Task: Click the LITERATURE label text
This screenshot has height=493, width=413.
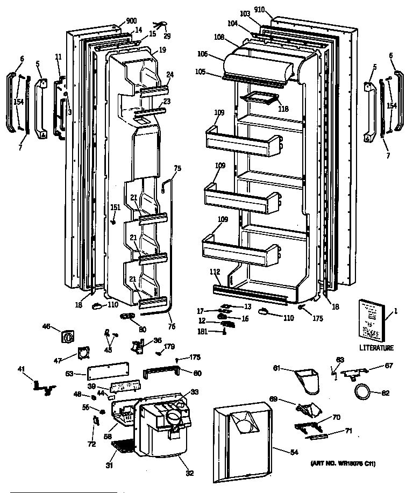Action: pyautogui.click(x=376, y=348)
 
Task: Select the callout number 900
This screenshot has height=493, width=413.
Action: pyautogui.click(x=131, y=21)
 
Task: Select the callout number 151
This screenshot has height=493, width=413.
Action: pyautogui.click(x=115, y=208)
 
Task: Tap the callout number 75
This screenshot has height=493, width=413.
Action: pyautogui.click(x=177, y=168)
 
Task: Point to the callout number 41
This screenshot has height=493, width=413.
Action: pyautogui.click(x=21, y=369)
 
